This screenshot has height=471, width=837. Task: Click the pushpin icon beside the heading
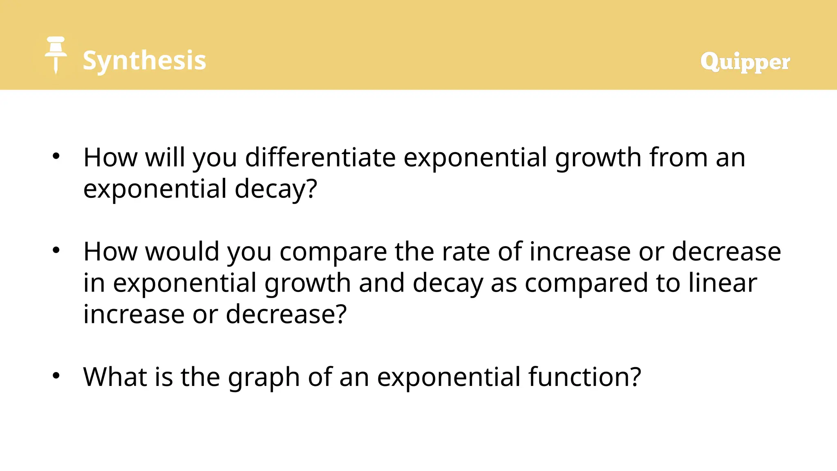coord(56,54)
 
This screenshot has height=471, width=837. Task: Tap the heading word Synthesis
coord(144,61)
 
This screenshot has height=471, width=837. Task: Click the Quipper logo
coord(745,62)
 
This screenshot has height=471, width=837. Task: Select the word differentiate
coord(320,157)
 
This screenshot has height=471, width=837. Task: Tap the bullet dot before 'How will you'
coord(56,156)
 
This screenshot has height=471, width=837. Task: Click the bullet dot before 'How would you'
coord(56,250)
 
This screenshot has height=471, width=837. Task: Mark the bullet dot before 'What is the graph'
coord(56,375)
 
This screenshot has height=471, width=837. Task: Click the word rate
coord(465,251)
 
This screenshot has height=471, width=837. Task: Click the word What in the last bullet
coord(114,377)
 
